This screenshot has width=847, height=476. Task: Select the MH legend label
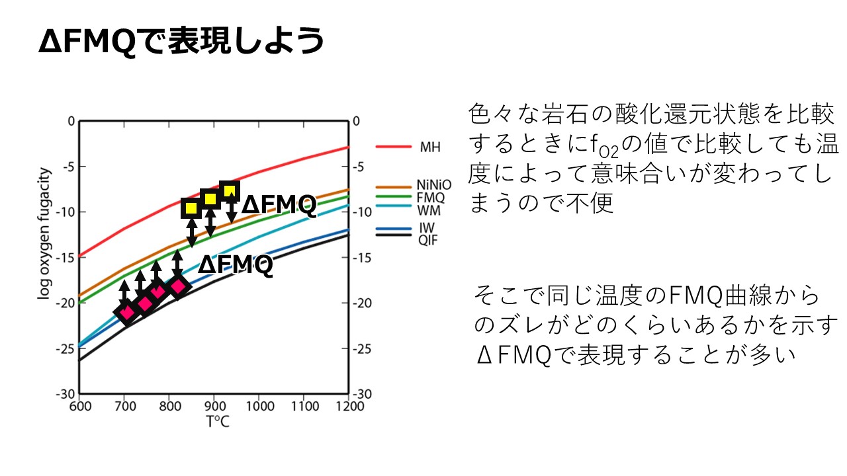429,146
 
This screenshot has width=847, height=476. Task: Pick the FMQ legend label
431,198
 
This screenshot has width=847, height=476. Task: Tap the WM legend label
427,210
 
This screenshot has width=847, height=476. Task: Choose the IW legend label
425,228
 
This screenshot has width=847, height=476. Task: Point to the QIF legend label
427,239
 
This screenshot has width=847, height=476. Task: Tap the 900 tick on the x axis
213,406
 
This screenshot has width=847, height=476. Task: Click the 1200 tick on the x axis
348,406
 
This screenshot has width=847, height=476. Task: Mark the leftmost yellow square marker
191,209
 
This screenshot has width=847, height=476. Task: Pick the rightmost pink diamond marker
178,286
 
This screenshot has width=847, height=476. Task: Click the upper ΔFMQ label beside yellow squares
279,206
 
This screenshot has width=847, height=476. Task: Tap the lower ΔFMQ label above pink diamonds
236,265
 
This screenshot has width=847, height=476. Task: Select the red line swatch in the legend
390,147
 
